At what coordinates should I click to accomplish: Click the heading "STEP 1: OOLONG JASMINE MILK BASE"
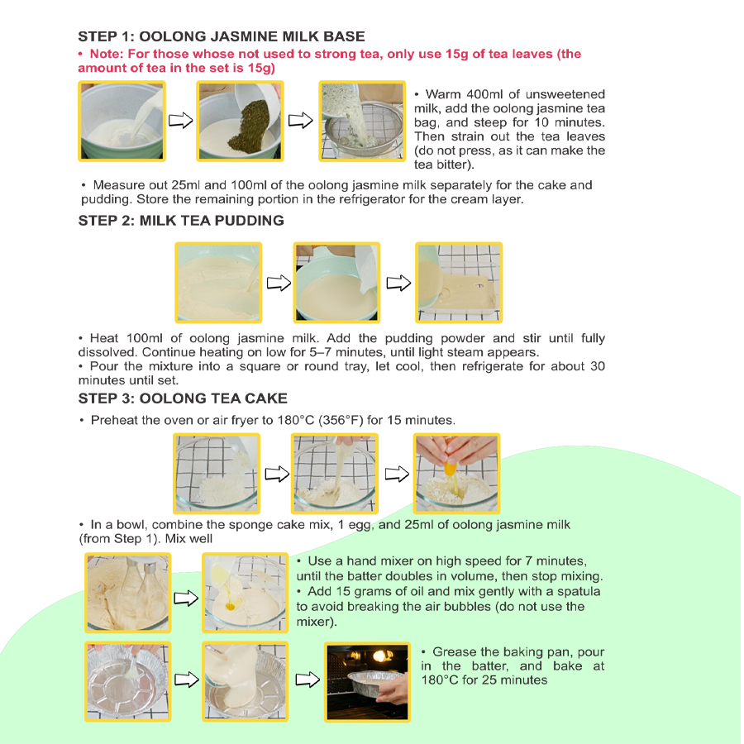point(221,36)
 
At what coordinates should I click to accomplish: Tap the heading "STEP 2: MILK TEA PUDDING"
point(180,221)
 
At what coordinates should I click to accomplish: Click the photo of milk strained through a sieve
point(362,121)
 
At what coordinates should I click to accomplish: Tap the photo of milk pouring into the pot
point(121,121)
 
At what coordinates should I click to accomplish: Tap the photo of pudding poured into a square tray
point(459,283)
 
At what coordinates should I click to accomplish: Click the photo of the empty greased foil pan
point(127,680)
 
